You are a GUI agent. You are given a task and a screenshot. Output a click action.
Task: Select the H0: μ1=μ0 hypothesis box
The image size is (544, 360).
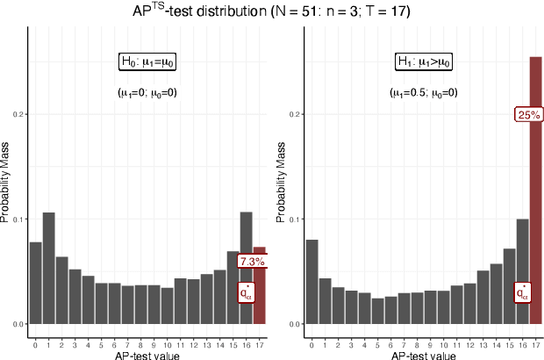[147, 62]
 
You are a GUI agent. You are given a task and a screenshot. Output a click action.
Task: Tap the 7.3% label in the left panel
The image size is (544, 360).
[251, 261]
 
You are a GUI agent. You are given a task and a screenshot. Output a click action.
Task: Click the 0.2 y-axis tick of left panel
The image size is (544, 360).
[19, 114]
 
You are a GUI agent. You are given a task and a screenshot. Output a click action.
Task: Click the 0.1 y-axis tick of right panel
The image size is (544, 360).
[296, 219]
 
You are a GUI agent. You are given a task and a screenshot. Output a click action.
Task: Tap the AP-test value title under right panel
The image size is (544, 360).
[425, 355]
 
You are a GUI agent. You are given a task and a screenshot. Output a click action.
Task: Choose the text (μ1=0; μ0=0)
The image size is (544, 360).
[147, 93]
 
